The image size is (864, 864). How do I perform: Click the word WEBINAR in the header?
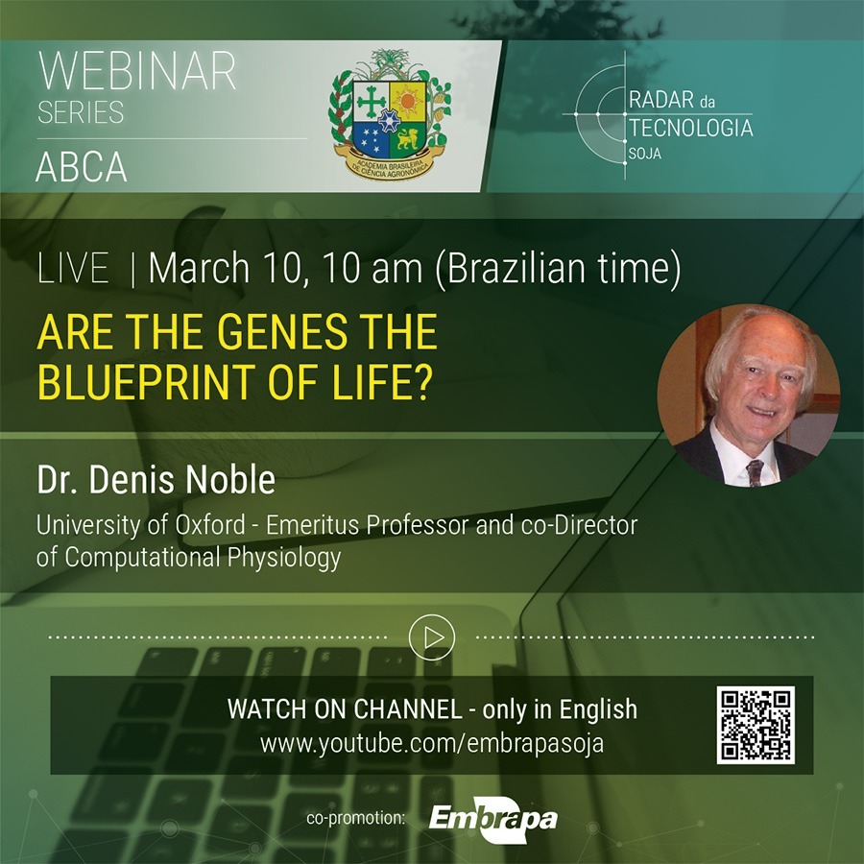click(x=136, y=70)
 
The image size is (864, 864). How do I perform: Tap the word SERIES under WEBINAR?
click(x=81, y=112)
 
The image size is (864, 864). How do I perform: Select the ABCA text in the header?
click(x=82, y=167)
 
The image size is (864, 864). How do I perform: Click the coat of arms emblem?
click(x=390, y=114)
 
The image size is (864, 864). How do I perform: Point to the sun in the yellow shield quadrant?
click(x=408, y=101)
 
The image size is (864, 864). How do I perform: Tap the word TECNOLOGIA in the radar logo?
click(x=691, y=128)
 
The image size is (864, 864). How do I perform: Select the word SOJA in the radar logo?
click(x=645, y=154)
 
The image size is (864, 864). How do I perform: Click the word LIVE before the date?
click(x=73, y=269)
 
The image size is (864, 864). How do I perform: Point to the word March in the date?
click(x=199, y=268)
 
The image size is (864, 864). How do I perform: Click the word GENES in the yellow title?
click(x=281, y=332)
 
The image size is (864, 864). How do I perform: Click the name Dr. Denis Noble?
click(x=156, y=479)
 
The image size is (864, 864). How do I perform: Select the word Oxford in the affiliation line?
click(x=210, y=524)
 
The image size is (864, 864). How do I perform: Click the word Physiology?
click(x=284, y=557)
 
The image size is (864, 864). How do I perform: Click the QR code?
click(x=756, y=725)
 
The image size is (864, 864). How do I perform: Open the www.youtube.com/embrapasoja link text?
click(x=432, y=743)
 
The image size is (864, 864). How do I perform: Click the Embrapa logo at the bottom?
click(x=492, y=819)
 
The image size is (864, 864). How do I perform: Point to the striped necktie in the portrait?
click(x=755, y=472)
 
